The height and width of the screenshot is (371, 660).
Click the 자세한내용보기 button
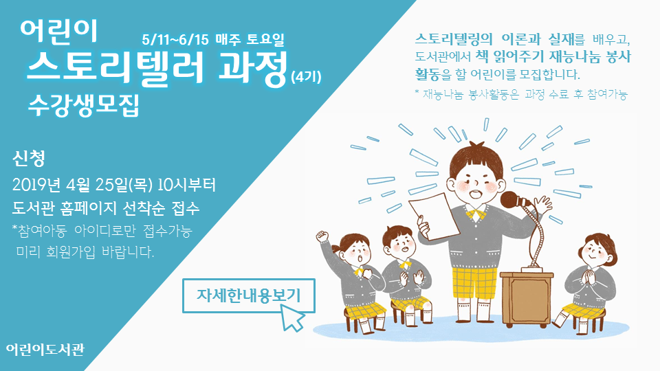(248, 295)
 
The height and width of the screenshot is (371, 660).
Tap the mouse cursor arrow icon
(292, 318)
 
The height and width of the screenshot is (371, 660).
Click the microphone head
(511, 200)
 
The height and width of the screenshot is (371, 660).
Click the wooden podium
(527, 298)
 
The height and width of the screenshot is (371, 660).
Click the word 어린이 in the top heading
(58, 31)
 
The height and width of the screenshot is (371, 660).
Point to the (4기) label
(306, 77)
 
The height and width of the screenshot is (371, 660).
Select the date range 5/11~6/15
(175, 40)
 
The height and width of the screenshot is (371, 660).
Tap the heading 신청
(29, 158)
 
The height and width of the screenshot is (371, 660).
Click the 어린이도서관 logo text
(45, 350)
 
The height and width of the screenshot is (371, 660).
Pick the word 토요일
(265, 39)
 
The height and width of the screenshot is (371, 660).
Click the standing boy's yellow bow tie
(476, 213)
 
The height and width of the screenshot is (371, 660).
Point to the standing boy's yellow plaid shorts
(474, 282)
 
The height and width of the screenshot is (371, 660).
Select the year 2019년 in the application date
(37, 185)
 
